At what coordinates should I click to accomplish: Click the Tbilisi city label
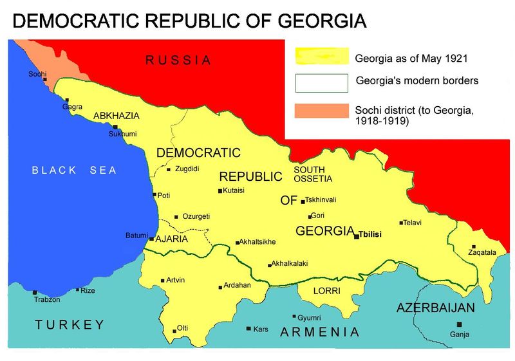(x=370, y=235)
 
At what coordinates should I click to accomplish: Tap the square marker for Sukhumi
(x=115, y=127)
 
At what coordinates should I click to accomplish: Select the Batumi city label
(x=136, y=236)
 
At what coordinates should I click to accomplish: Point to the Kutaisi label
(x=236, y=190)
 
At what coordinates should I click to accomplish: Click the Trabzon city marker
(x=35, y=292)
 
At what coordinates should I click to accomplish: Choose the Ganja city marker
(x=459, y=324)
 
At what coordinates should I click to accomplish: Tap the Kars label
(x=261, y=329)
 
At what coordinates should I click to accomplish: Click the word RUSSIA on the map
(x=178, y=60)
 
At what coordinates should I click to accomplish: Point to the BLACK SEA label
(x=75, y=171)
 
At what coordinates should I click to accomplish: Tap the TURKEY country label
(x=70, y=324)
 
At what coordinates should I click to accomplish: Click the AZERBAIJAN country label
(x=436, y=308)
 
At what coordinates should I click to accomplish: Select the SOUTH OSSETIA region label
(x=313, y=174)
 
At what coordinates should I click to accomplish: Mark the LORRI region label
(x=323, y=291)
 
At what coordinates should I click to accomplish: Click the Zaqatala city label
(x=482, y=253)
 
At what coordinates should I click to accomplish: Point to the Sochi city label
(x=37, y=74)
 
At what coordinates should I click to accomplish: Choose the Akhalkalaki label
(x=290, y=264)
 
